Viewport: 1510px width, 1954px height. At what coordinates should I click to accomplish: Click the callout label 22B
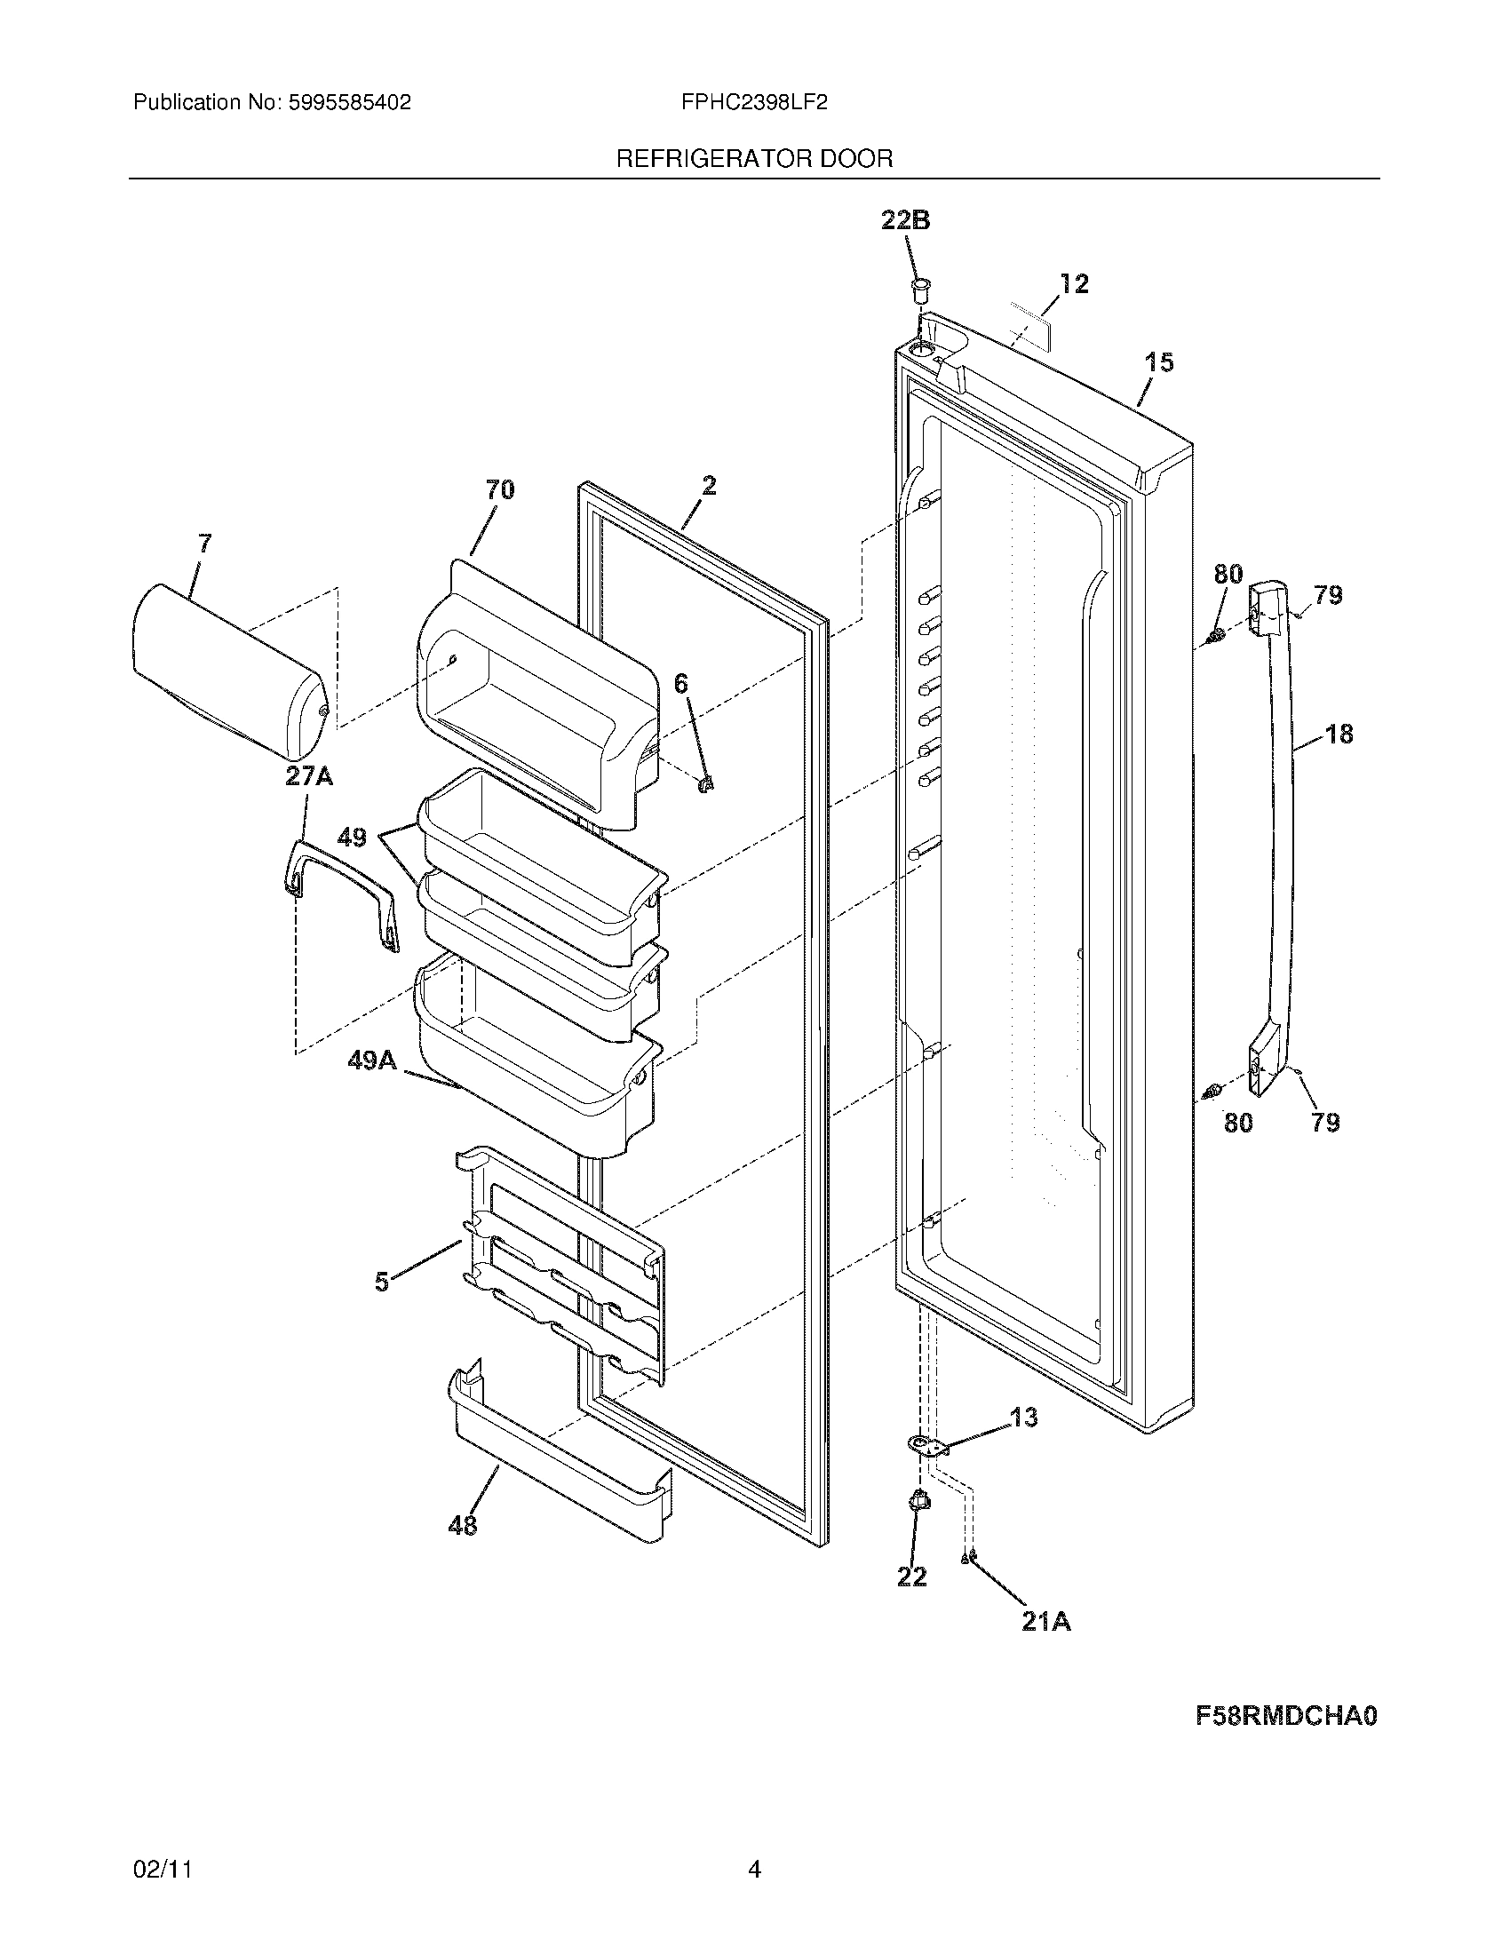tap(905, 220)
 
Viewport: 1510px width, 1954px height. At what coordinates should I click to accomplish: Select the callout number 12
tap(1074, 283)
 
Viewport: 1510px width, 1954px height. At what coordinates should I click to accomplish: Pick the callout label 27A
tap(308, 776)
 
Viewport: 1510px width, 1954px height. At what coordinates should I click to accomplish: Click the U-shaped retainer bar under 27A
tap(340, 894)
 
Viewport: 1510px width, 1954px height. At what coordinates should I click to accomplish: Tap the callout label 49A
tap(372, 1060)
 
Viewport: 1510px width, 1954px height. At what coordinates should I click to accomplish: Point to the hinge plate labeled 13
tap(926, 1445)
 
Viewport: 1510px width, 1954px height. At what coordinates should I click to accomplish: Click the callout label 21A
tap(1046, 1621)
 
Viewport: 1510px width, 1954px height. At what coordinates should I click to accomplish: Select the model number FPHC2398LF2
tap(753, 103)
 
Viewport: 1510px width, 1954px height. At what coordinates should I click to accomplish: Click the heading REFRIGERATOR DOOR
tap(754, 159)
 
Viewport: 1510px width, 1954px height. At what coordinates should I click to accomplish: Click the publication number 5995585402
tap(349, 103)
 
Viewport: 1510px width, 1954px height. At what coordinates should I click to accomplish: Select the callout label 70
tap(499, 489)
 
